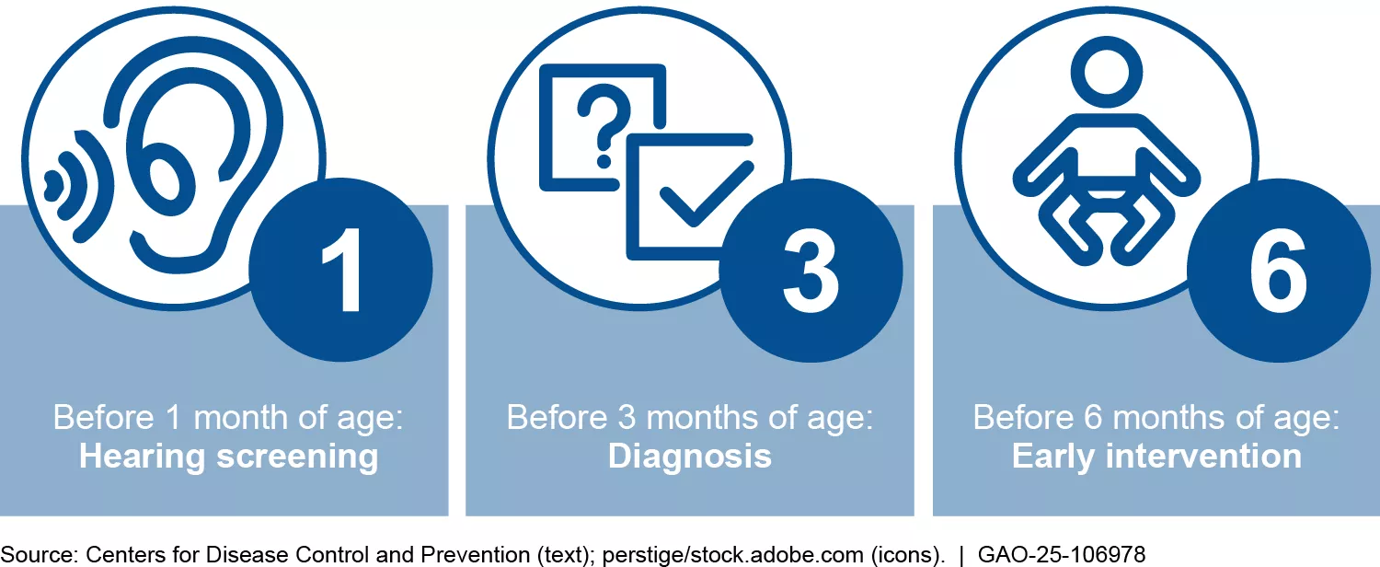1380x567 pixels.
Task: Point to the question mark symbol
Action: click(x=604, y=126)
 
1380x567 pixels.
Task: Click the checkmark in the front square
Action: click(x=707, y=193)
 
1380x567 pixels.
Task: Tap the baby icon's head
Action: click(x=1107, y=73)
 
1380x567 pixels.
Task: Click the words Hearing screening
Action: click(x=228, y=457)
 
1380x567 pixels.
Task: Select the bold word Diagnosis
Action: click(x=690, y=457)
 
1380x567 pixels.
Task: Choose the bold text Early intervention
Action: click(x=1156, y=457)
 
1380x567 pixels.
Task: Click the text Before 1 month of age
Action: click(x=228, y=419)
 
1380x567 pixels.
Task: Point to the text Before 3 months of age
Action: click(x=690, y=419)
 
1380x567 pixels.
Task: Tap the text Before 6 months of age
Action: click(x=1156, y=419)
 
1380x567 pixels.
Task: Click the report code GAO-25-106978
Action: click(x=1062, y=555)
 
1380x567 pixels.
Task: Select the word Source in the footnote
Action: click(x=39, y=555)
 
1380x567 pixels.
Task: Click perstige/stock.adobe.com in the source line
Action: click(x=732, y=555)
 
